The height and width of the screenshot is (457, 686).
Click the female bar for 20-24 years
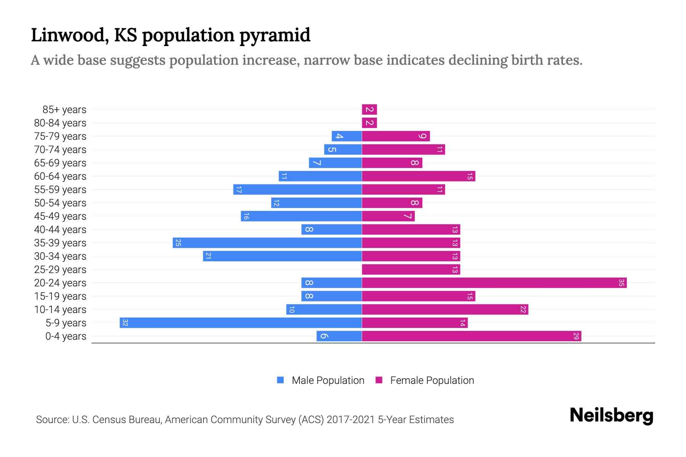[494, 283]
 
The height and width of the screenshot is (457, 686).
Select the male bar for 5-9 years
[240, 323]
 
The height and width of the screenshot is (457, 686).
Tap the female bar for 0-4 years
[471, 336]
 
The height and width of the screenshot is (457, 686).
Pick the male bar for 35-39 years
[267, 243]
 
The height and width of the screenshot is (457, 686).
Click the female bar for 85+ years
[369, 110]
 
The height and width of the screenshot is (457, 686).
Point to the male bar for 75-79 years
[346, 136]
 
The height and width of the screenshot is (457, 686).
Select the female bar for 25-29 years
[411, 270]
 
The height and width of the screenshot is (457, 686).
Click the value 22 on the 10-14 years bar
[523, 310]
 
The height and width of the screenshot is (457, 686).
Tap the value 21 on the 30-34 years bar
[208, 256]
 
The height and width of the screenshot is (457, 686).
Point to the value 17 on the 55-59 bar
[239, 190]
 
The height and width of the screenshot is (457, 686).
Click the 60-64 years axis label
[60, 176]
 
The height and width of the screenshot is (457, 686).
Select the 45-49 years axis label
[60, 216]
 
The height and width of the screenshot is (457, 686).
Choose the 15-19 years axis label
[60, 296]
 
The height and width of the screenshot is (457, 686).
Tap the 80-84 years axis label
[60, 123]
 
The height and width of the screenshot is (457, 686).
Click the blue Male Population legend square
[280, 380]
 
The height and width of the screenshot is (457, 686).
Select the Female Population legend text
[432, 380]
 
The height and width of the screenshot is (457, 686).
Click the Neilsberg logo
[611, 415]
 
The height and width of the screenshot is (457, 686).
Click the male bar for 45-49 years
[301, 216]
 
